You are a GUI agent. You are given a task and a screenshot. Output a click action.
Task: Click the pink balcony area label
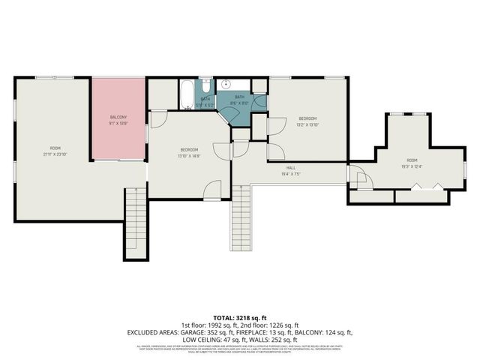tap(118, 117)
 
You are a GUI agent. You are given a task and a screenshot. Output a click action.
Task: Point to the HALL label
tap(290, 168)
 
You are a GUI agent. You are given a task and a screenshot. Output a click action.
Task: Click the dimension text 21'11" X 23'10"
tap(55, 154)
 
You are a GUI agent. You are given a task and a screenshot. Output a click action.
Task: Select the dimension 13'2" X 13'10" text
tap(308, 124)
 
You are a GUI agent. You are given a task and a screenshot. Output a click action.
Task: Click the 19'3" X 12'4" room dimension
tap(412, 166)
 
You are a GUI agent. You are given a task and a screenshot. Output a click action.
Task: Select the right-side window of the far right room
tap(465, 169)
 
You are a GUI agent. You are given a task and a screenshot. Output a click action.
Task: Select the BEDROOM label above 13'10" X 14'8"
tap(189, 149)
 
